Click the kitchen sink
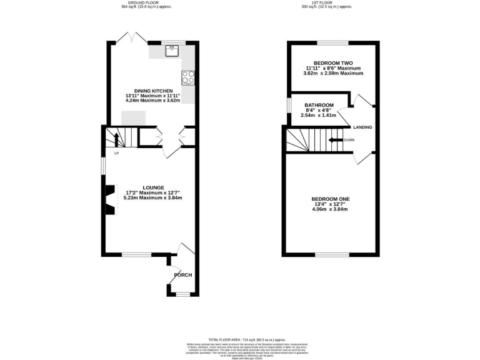click(x=172, y=51)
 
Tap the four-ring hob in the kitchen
click(x=188, y=77)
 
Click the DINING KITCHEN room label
click(x=148, y=91)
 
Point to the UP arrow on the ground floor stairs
click(x=115, y=139)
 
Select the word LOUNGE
click(x=153, y=187)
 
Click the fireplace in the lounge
click(x=110, y=200)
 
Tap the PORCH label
click(x=182, y=276)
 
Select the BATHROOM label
click(x=319, y=105)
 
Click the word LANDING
click(x=363, y=127)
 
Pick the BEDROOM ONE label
click(x=331, y=199)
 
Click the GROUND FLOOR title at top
click(x=147, y=3)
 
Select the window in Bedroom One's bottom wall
click(x=331, y=254)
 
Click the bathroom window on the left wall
click(x=288, y=105)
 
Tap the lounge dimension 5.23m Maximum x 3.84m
click(x=153, y=198)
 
